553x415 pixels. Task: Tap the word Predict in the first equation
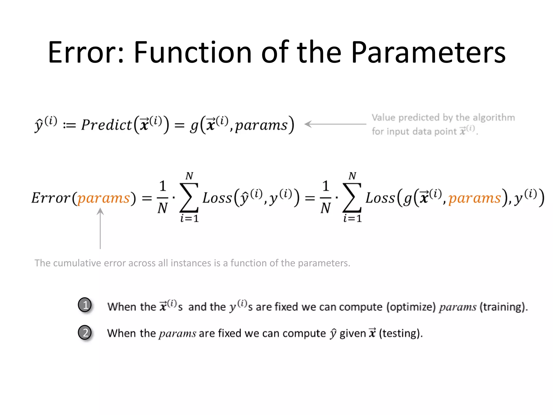(x=106, y=125)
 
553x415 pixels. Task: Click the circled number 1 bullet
(x=85, y=305)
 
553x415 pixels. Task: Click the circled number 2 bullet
(x=85, y=332)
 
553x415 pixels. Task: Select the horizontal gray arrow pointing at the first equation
(x=335, y=124)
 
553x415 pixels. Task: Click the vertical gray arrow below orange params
(x=100, y=228)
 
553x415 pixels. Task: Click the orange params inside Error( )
(x=104, y=198)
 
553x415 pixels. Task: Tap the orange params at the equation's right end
(x=474, y=198)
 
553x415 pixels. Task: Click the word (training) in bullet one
(x=503, y=307)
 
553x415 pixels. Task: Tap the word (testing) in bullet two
(x=400, y=333)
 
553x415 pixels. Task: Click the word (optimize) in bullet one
(x=411, y=307)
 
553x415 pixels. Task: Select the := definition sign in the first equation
(x=69, y=125)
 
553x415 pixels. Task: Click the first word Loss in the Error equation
(x=217, y=198)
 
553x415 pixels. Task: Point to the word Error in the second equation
(x=51, y=198)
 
